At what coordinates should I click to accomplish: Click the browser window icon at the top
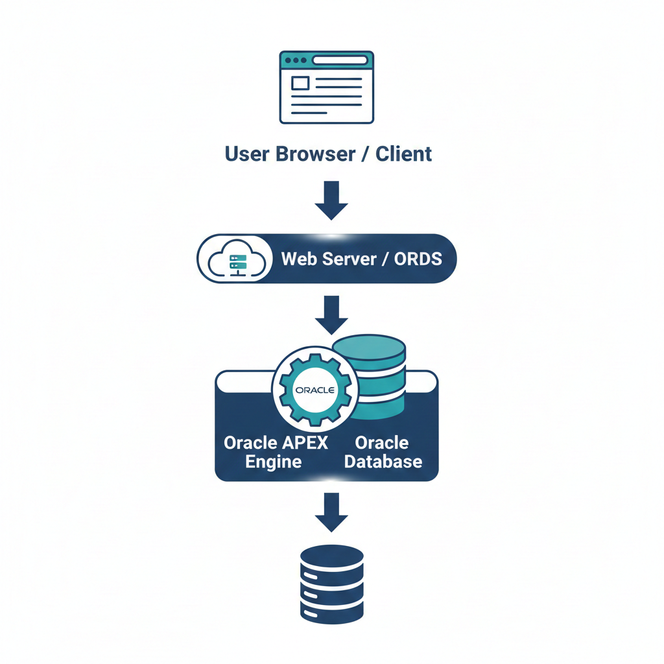coord(327,87)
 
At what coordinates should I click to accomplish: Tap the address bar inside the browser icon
coord(340,60)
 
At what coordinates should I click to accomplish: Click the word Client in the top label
coord(404,154)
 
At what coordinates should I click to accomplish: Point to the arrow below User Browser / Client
coord(331,200)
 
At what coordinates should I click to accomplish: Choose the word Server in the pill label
coord(350,259)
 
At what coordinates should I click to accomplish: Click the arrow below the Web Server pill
coord(331,314)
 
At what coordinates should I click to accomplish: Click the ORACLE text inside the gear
coord(314,390)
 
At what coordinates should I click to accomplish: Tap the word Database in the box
coord(383,462)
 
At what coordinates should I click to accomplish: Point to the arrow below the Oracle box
coord(331,512)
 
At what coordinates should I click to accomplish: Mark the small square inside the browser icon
coord(300,83)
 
